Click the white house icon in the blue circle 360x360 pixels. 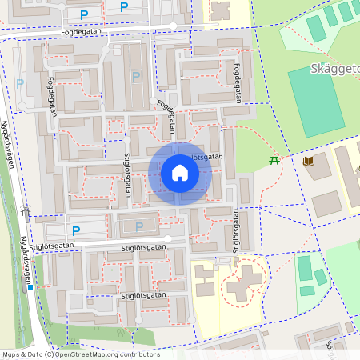(x=180, y=173)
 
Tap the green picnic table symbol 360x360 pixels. (x=274, y=160)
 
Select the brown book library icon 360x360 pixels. (x=309, y=162)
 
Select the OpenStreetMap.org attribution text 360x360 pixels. (x=104, y=354)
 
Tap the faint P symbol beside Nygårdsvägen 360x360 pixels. (x=21, y=82)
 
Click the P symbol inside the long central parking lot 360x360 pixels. (x=136, y=77)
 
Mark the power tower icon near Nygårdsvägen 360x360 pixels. (x=26, y=212)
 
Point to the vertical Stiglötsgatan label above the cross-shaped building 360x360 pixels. (x=236, y=231)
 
